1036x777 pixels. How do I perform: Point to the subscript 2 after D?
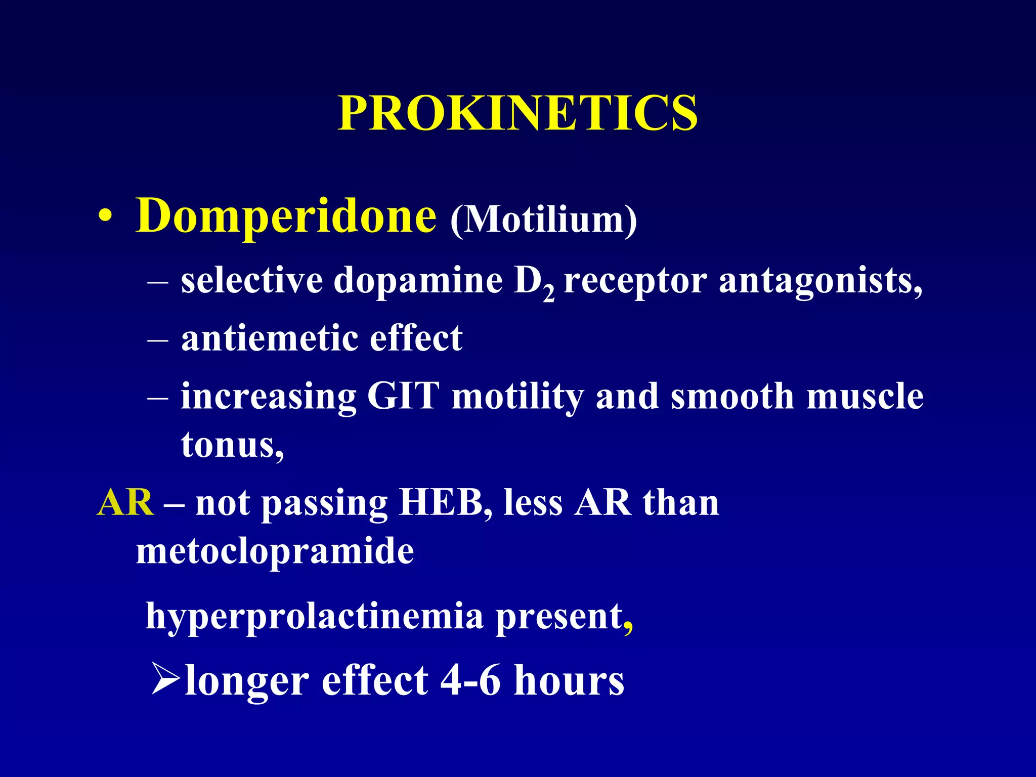549,293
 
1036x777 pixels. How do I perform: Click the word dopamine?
418,281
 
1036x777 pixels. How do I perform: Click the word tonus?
229,445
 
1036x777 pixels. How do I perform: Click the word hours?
569,680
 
